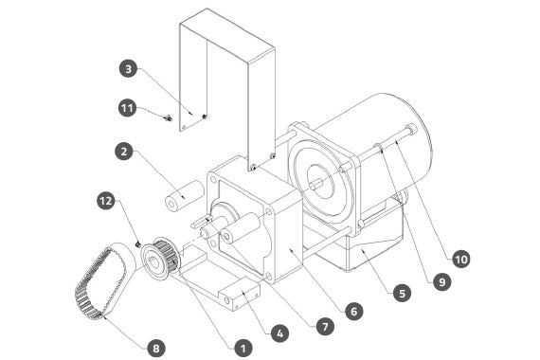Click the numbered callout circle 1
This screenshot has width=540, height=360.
[x=243, y=349]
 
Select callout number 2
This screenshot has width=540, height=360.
[x=124, y=151]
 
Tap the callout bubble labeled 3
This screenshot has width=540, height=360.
[x=129, y=69]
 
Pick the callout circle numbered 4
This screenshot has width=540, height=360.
[x=279, y=333]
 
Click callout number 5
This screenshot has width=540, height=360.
[x=403, y=293]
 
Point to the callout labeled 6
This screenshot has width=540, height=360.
[x=353, y=311]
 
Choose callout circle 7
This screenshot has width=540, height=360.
[x=325, y=326]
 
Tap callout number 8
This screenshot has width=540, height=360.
[x=156, y=348]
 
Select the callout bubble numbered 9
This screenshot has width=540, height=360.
[x=441, y=281]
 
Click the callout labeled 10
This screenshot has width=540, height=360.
[x=460, y=259]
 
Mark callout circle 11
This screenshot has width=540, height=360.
[x=127, y=108]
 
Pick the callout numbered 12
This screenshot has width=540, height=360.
[x=106, y=200]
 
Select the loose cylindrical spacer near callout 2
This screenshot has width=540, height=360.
[x=184, y=195]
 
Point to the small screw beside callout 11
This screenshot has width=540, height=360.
[x=168, y=118]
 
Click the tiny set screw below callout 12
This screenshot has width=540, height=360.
[x=138, y=243]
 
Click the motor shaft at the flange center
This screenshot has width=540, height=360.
[x=316, y=184]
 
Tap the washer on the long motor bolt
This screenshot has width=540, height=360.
[x=378, y=147]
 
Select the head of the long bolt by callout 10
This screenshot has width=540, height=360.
[x=411, y=129]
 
